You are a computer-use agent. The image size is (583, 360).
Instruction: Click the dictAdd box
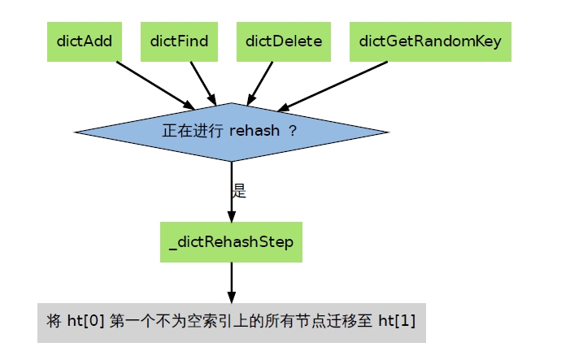pyautogui.click(x=85, y=41)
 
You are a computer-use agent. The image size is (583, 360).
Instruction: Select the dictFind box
pyautogui.click(x=179, y=41)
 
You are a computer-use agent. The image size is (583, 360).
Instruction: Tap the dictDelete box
pyautogui.click(x=284, y=41)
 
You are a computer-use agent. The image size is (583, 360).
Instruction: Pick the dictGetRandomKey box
pyautogui.click(x=431, y=41)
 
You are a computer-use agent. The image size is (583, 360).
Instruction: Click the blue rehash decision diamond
pyautogui.click(x=232, y=132)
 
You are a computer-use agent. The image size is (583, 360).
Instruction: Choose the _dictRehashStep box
pyautogui.click(x=231, y=242)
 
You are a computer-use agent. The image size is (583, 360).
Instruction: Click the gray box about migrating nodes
pyautogui.click(x=232, y=323)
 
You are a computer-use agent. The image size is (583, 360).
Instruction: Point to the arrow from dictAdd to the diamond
pyautogui.click(x=155, y=85)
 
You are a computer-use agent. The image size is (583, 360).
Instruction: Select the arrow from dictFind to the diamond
pyautogui.click(x=203, y=84)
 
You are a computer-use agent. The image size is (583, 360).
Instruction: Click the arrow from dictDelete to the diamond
pyautogui.click(x=260, y=84)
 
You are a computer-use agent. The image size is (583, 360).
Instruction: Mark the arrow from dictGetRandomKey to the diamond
pyautogui.click(x=333, y=86)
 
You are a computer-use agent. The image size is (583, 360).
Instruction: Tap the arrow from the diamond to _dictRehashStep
pyautogui.click(x=232, y=192)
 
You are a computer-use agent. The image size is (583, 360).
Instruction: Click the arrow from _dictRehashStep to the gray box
pyautogui.click(x=232, y=283)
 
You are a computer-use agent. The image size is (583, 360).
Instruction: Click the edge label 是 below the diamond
pyautogui.click(x=239, y=191)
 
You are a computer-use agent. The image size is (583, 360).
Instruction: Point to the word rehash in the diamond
pyautogui.click(x=255, y=131)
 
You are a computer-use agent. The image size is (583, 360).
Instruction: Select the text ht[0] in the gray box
pyautogui.click(x=85, y=321)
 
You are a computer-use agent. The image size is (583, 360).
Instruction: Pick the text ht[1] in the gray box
pyautogui.click(x=397, y=321)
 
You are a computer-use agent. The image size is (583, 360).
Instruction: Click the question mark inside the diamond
pyautogui.click(x=293, y=131)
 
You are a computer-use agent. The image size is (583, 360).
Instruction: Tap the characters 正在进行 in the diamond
pyautogui.click(x=193, y=131)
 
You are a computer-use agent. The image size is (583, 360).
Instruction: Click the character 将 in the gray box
pyautogui.click(x=54, y=321)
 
